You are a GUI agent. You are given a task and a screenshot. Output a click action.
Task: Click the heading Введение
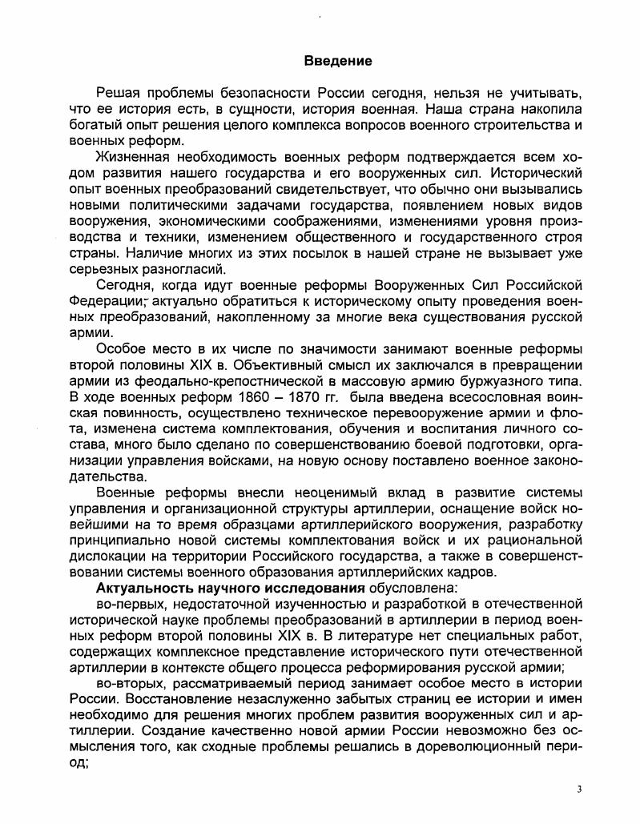coord(338,61)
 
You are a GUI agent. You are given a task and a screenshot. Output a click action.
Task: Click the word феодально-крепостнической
coord(215,383)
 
